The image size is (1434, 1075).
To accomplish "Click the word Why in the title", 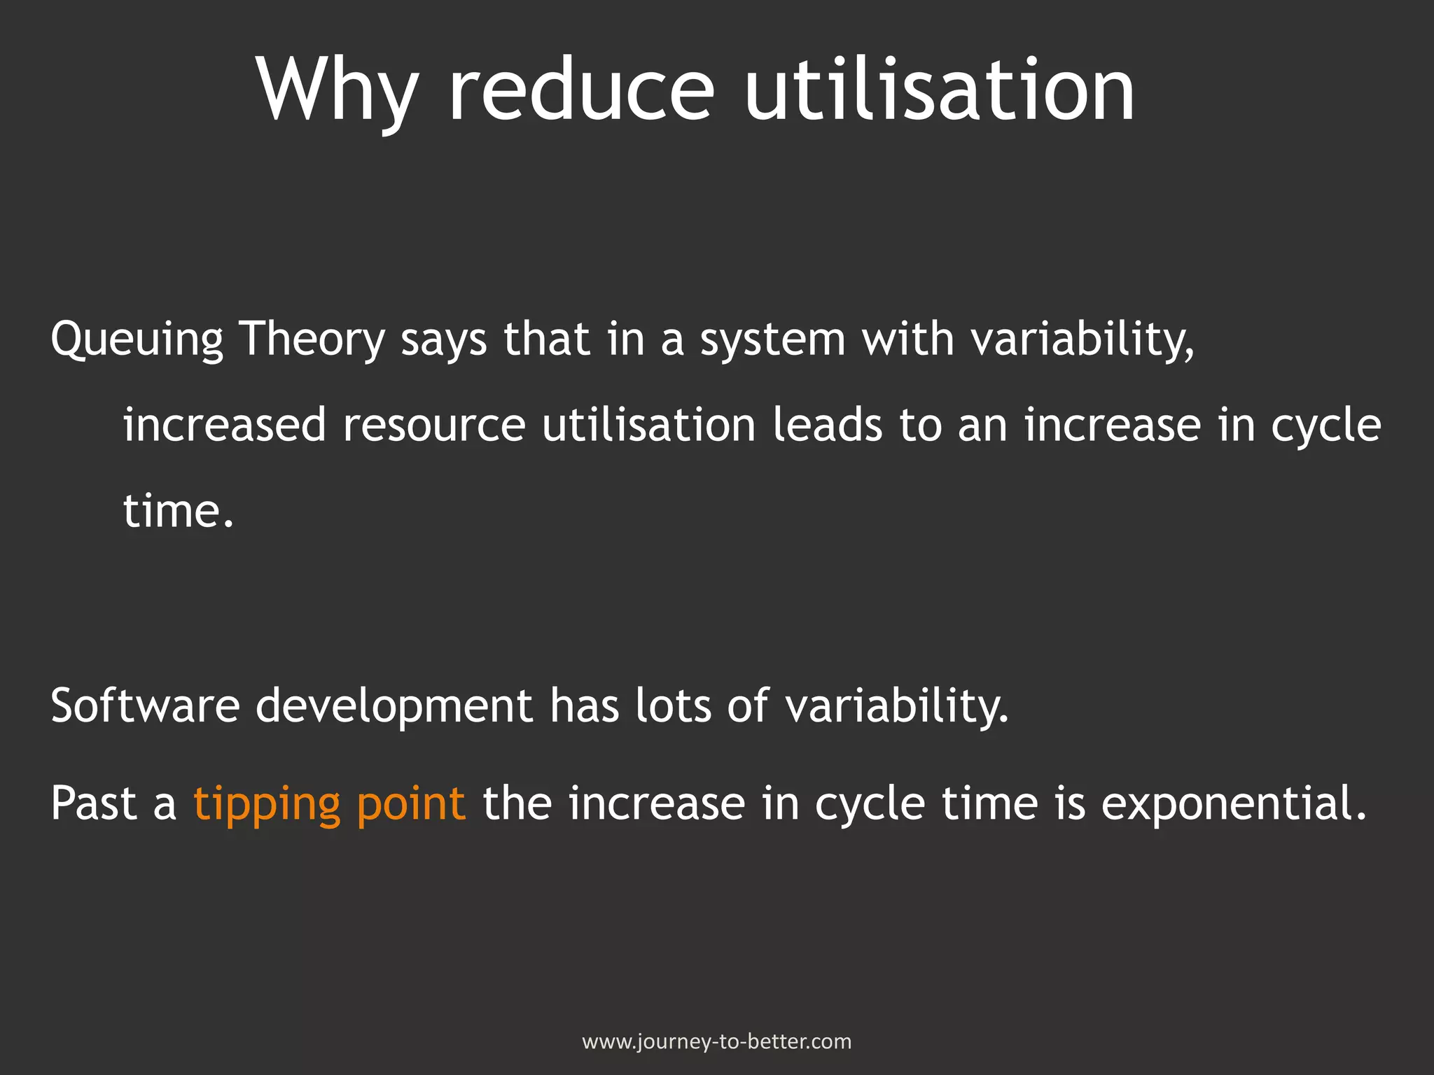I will point(338,91).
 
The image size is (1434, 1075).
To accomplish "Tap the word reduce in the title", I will point(580,91).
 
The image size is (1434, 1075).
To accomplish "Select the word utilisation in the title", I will point(939,91).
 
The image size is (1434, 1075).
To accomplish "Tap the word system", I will point(772,339).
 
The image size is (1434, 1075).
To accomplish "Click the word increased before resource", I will point(225,425).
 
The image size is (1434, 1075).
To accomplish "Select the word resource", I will point(433,426).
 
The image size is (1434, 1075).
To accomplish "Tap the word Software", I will point(145,705).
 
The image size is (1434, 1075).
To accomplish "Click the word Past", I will point(94,803).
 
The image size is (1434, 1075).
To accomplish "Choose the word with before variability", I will point(907,339).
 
